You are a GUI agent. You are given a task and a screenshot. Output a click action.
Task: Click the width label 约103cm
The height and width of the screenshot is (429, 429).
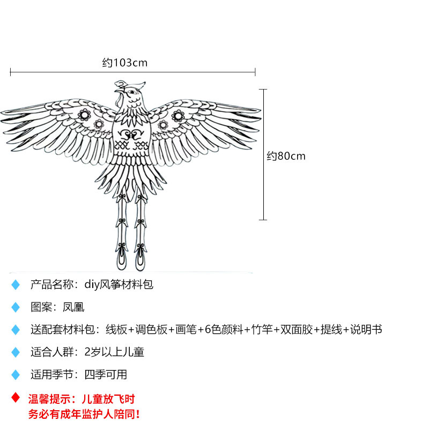pyautogui.click(x=124, y=63)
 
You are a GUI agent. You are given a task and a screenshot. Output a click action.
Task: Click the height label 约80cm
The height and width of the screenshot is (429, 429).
pyautogui.click(x=286, y=156)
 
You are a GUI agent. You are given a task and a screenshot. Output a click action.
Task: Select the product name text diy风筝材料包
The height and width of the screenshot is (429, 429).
pyautogui.click(x=119, y=284)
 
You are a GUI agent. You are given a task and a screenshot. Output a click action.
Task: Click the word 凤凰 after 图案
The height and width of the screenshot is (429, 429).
pyautogui.click(x=73, y=307)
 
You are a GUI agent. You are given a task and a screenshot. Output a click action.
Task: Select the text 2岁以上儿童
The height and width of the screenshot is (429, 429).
pyautogui.click(x=114, y=352)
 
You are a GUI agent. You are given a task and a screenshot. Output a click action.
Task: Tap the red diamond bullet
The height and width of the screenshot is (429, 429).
pyautogui.click(x=16, y=398)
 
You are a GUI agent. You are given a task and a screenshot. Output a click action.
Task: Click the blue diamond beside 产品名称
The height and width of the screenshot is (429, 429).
pyautogui.click(x=16, y=285)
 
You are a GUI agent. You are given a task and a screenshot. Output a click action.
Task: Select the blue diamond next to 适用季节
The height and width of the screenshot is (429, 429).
pyautogui.click(x=16, y=375)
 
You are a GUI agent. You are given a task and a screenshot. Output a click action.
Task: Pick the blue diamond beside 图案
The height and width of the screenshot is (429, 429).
pyautogui.click(x=16, y=307)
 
